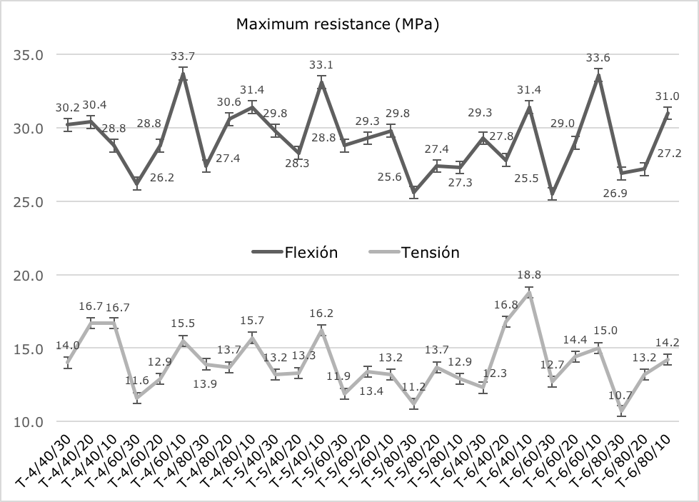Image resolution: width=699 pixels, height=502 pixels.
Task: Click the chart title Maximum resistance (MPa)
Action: click(337, 25)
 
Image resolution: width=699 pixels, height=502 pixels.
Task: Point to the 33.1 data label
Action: click(322, 65)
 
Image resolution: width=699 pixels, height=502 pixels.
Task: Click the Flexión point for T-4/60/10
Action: click(183, 74)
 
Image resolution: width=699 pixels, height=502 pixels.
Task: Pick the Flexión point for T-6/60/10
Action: click(598, 76)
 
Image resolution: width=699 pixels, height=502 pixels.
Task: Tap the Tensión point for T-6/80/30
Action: click(622, 411)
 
